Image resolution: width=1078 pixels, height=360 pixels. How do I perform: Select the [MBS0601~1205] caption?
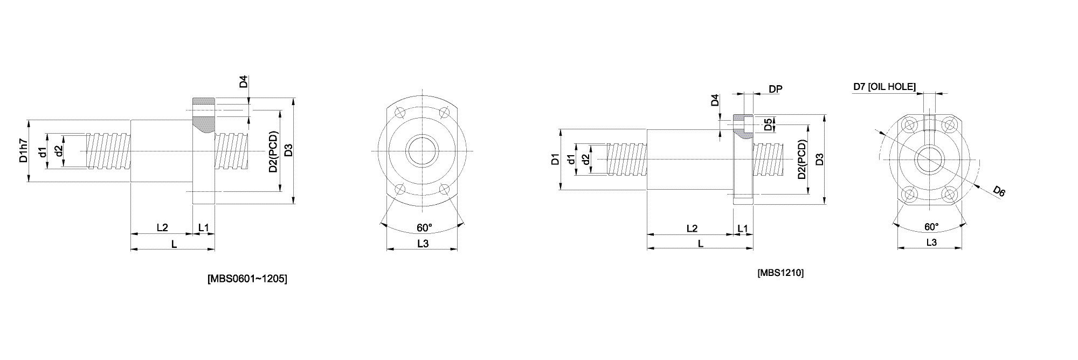point(247,279)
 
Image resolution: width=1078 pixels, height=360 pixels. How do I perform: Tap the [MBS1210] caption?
point(780,273)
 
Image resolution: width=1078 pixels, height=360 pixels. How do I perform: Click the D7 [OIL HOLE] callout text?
point(884,86)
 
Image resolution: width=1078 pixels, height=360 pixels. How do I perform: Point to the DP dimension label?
point(776,89)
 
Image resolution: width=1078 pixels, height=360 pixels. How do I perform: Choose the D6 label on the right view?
point(999,191)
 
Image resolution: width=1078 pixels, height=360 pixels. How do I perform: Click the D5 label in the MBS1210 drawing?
point(768,125)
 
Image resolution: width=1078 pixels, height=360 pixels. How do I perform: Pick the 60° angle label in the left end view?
point(424,227)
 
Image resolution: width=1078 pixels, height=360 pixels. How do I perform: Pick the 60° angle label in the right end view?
point(931,226)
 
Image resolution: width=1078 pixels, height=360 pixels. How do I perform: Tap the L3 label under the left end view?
point(423,244)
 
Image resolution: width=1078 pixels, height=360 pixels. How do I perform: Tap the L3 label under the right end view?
point(931,243)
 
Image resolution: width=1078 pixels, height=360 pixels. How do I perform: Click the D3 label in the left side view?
point(288,150)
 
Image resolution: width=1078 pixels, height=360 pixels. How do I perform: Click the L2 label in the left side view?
point(162,227)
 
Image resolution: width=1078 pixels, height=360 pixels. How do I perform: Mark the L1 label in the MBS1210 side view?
point(742,229)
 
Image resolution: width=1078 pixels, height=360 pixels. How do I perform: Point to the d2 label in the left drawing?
point(59,150)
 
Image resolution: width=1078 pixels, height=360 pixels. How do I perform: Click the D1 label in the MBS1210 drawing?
point(555,159)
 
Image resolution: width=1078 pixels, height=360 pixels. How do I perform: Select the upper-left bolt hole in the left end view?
point(399,113)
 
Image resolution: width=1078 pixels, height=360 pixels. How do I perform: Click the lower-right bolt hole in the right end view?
point(949,194)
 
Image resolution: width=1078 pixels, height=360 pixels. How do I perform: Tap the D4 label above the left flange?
point(244,82)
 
